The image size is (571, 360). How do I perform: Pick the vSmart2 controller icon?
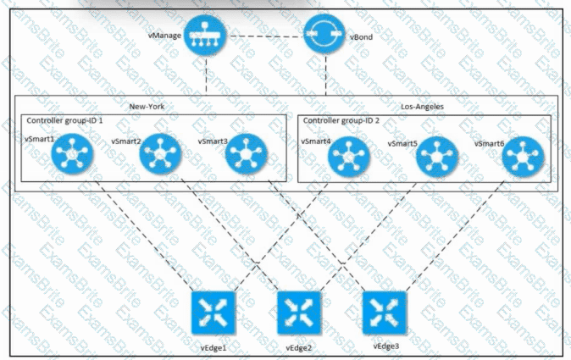coord(157,155)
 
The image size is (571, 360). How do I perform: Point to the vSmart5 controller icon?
coord(438,157)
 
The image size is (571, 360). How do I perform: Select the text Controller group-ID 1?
coord(65,121)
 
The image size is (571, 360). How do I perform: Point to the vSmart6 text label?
coord(489,143)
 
